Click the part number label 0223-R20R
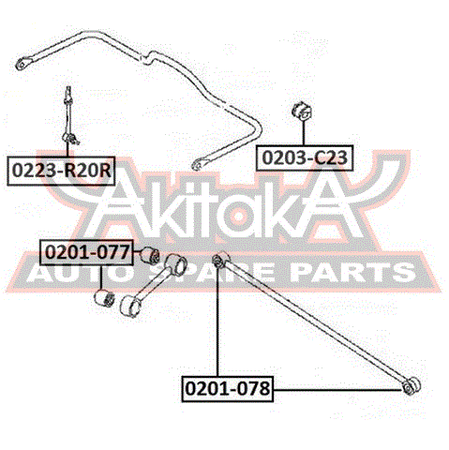point(61,171)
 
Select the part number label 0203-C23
point(305,157)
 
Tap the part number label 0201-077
point(86,252)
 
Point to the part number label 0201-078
point(228,389)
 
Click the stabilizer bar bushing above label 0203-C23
point(303,112)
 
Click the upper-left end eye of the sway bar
point(22,64)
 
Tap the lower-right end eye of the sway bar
point(197,164)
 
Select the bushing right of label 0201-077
point(149,255)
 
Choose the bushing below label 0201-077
point(104,298)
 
